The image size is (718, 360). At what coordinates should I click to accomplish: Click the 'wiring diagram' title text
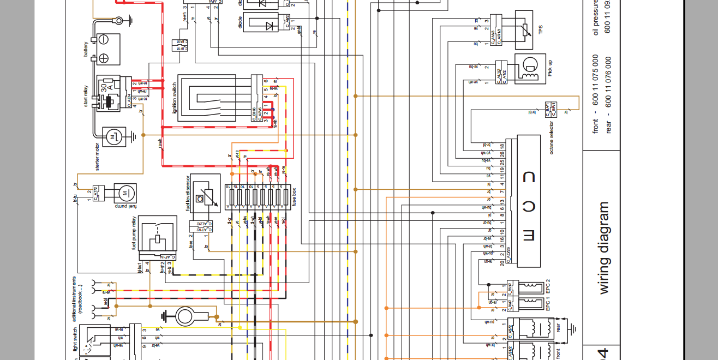point(603,248)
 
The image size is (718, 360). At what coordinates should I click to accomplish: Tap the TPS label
point(541,31)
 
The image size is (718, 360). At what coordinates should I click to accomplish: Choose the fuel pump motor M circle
point(124,193)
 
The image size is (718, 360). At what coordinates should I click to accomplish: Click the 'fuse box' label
point(294,195)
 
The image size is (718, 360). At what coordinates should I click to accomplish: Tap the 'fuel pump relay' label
point(134,233)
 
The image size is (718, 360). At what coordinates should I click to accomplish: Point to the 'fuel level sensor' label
point(187,194)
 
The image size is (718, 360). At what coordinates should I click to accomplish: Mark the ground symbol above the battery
point(130,21)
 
